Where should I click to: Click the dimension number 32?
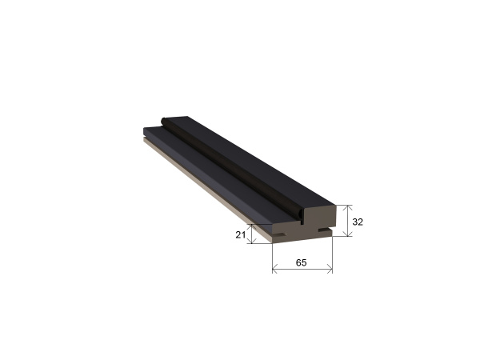(358, 222)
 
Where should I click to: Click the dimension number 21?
(240, 234)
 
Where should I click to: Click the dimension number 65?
(302, 262)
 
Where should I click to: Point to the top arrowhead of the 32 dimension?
(347, 207)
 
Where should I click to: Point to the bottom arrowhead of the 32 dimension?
(347, 234)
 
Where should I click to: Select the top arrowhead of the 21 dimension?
(252, 227)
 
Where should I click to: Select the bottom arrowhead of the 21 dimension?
(252, 241)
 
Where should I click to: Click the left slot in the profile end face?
(280, 234)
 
